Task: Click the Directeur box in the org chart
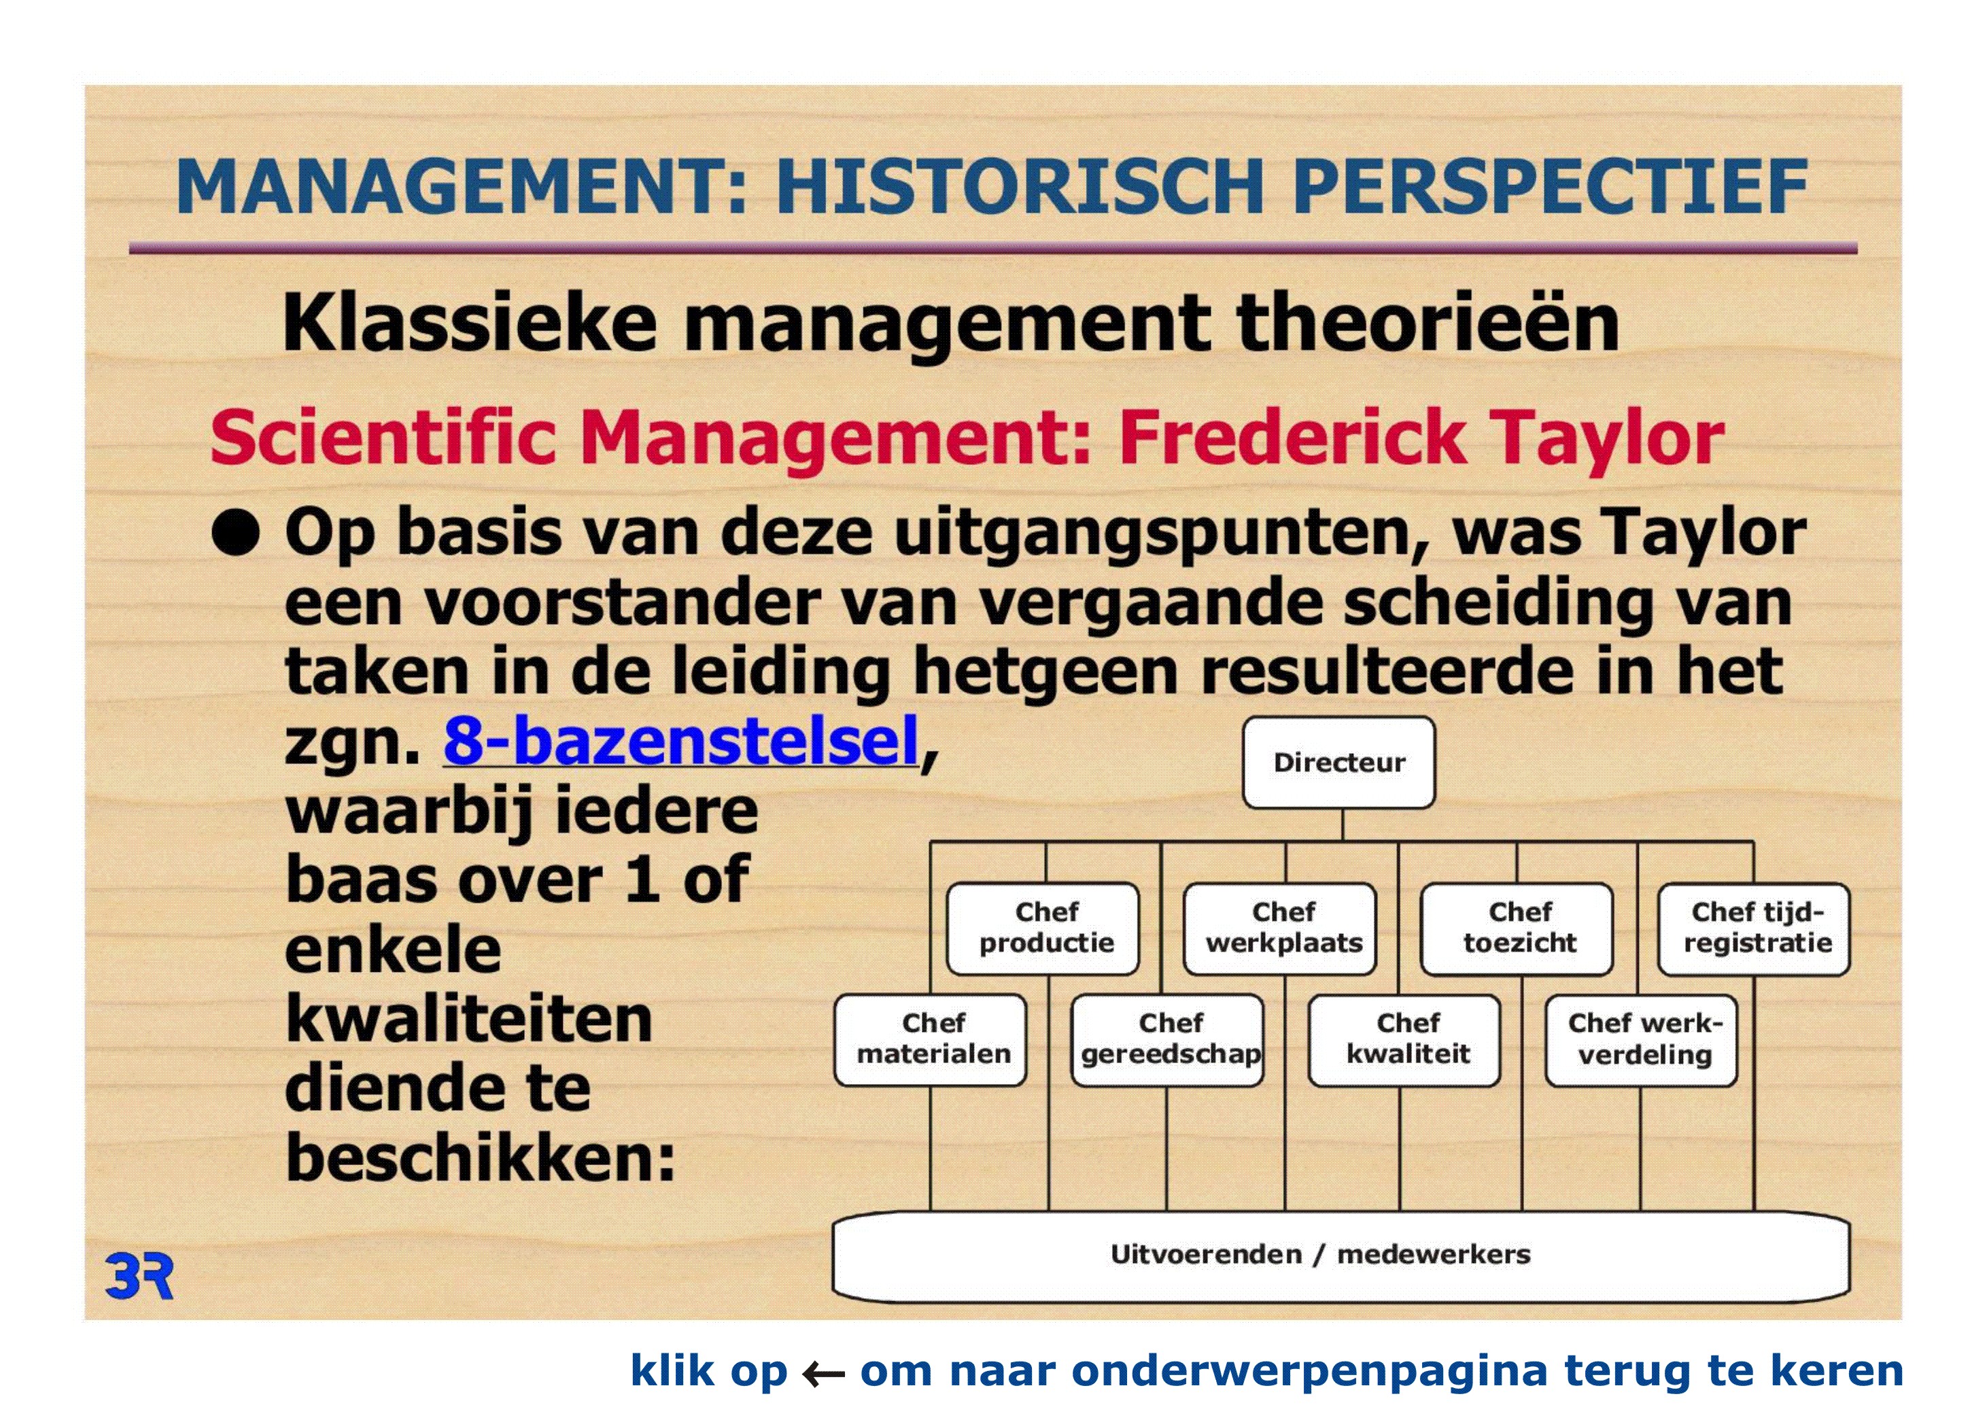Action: [1338, 762]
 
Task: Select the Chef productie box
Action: [1043, 929]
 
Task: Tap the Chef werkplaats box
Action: [1280, 929]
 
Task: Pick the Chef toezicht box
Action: [1517, 929]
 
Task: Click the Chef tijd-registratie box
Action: [1755, 929]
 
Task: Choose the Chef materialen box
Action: [931, 1040]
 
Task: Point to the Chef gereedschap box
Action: [1167, 1040]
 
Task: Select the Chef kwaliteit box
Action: [1404, 1040]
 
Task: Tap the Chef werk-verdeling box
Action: [1642, 1040]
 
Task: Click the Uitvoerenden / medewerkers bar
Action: [1341, 1256]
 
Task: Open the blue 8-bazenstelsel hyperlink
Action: [680, 742]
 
